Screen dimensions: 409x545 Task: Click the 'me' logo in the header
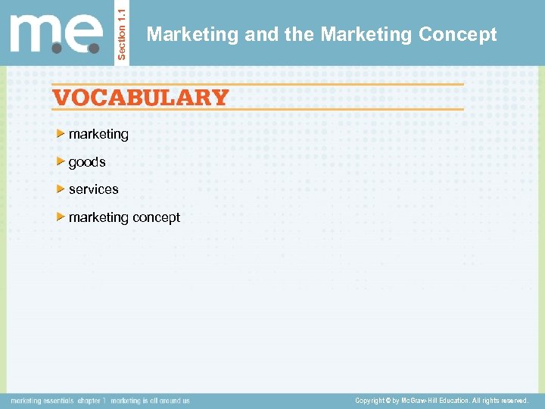point(57,34)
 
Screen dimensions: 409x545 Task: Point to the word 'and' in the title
point(259,35)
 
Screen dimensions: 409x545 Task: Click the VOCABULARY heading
point(140,98)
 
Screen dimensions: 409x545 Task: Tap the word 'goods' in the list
point(87,162)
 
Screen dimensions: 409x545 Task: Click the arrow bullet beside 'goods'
point(61,162)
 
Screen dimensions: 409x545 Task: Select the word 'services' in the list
point(94,189)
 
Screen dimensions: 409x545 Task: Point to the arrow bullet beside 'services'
point(61,189)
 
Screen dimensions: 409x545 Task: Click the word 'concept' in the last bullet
point(157,217)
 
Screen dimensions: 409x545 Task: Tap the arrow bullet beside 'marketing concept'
point(61,217)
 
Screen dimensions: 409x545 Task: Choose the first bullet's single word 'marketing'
point(98,134)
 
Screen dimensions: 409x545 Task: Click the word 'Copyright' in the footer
point(370,401)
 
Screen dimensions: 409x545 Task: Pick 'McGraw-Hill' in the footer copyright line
point(420,401)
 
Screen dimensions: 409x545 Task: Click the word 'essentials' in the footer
point(58,401)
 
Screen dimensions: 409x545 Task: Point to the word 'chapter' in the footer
point(89,401)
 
